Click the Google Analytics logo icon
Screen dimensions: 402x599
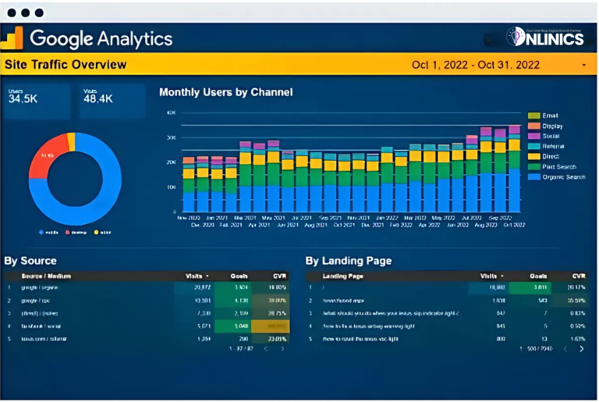(13, 38)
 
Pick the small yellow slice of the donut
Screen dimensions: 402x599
(71, 141)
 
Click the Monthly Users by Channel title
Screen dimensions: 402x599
(225, 92)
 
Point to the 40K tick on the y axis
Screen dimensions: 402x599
(172, 113)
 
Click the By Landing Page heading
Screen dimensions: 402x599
(348, 261)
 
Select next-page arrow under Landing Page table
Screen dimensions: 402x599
(581, 349)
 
